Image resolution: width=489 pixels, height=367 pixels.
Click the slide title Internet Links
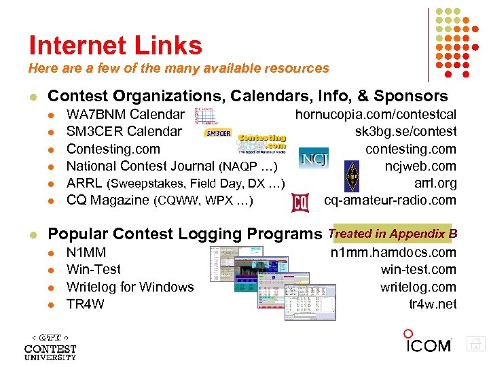coord(115,46)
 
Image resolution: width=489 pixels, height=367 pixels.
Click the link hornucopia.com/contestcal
coord(375,114)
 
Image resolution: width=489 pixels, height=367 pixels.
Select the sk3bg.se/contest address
coord(405,131)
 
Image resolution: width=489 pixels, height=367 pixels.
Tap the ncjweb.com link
coord(420,166)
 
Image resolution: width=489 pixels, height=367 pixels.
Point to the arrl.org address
coord(435,183)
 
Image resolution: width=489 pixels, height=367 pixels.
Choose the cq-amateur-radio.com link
coord(390,200)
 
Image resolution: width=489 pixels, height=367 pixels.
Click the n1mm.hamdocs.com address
coord(393,253)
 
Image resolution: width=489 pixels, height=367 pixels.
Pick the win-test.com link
coord(418,270)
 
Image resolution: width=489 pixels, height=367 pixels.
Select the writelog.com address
coord(418,287)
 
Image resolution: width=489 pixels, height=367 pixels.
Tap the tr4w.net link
coord(432,304)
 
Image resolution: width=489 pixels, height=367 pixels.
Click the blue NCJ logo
coord(313,158)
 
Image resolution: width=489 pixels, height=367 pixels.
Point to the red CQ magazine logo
coord(300,203)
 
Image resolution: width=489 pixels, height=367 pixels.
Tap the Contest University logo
coord(50,347)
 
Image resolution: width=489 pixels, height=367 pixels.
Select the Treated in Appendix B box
coord(392,234)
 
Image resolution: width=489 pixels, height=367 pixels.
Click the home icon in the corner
coord(476,345)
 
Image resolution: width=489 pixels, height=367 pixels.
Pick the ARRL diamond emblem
coord(352,174)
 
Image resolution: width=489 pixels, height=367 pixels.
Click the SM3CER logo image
coord(217,133)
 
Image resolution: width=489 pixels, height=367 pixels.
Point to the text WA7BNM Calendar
coord(125,114)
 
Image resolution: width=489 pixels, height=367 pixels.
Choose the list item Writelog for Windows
coord(130,287)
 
